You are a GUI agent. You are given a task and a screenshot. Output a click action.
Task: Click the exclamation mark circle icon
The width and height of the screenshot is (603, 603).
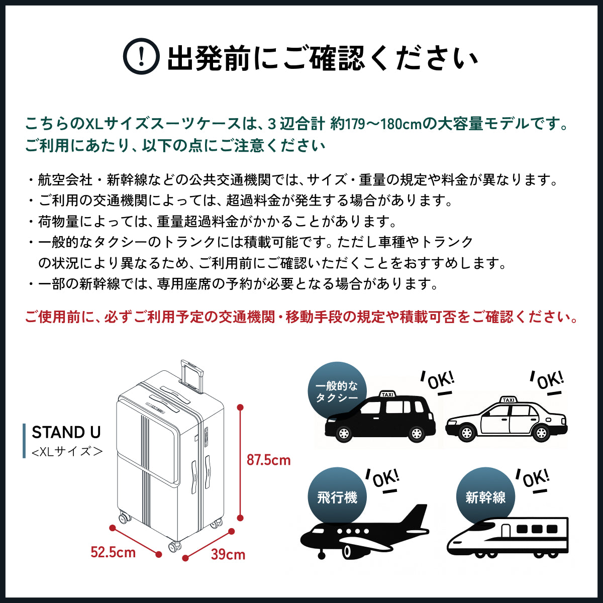pos(142,57)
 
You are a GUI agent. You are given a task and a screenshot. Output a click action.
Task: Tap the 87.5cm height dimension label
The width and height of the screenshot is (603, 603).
pos(268,460)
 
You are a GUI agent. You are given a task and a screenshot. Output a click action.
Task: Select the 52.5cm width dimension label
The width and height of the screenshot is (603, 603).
pos(113,552)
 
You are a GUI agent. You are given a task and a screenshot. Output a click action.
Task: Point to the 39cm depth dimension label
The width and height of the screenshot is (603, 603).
pos(228,554)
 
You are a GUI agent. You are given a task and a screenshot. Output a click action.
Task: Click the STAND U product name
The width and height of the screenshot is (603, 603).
pos(66,432)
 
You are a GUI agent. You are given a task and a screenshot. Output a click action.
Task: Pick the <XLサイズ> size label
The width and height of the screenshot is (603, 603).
pos(67,451)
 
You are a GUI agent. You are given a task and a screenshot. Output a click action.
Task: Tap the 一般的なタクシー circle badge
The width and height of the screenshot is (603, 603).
pos(337,391)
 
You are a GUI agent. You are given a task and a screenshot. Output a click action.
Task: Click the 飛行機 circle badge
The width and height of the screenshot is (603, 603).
pos(337,497)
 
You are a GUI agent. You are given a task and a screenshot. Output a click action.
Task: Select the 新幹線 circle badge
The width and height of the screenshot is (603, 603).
pos(485,497)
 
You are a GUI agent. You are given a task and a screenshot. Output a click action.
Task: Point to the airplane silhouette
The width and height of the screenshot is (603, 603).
pos(364,533)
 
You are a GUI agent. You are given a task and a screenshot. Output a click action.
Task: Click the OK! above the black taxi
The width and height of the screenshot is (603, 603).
pos(440,381)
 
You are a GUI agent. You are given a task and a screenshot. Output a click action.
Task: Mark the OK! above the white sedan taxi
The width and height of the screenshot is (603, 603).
pos(549,380)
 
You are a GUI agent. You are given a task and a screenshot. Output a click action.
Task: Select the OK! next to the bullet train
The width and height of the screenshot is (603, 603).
pos(535,479)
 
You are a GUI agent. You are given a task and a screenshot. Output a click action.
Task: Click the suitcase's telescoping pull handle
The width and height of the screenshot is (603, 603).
pos(192,375)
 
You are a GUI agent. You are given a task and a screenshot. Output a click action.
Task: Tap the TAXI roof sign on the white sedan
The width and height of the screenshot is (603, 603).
pos(509,400)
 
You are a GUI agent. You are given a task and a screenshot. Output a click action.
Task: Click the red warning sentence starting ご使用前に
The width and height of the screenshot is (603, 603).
pos(301,317)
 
